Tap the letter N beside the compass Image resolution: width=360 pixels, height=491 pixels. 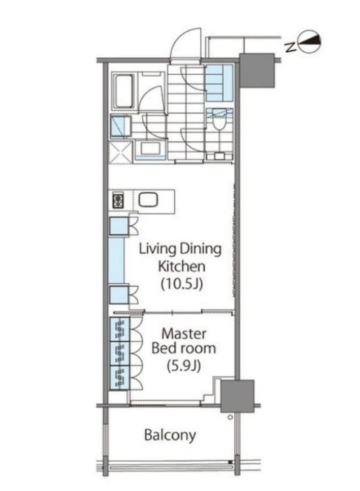click(x=291, y=47)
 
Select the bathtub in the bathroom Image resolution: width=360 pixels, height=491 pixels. click(x=124, y=91)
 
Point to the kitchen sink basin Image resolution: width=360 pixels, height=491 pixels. click(x=148, y=199)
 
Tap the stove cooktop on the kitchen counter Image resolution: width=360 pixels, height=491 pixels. click(x=119, y=201)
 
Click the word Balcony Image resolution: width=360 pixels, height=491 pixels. click(x=170, y=435)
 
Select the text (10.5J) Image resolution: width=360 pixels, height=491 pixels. click(x=182, y=283)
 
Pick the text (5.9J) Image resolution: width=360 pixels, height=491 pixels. click(x=184, y=366)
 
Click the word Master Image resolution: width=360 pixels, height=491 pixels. click(x=184, y=334)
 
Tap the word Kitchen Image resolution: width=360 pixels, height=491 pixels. click(x=182, y=266)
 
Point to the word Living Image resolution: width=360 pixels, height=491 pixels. click(x=157, y=250)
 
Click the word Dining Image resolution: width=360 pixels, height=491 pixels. click(x=201, y=250)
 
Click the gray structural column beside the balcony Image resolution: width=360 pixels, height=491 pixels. click(x=237, y=396)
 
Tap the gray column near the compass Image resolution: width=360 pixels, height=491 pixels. click(x=257, y=71)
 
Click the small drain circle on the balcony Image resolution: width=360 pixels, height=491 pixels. click(x=230, y=417)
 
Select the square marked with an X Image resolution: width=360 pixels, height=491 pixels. click(x=120, y=152)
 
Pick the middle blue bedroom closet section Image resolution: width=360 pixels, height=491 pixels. click(x=120, y=353)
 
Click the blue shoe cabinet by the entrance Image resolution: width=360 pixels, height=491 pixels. click(x=219, y=82)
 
